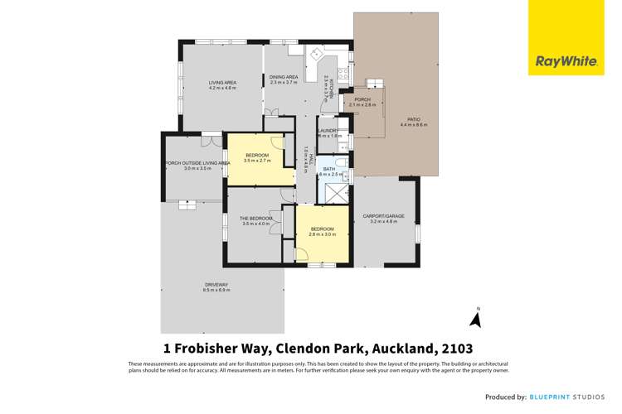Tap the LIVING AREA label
pyautogui.click(x=222, y=82)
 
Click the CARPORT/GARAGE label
pyautogui.click(x=383, y=216)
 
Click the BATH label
pyautogui.click(x=329, y=169)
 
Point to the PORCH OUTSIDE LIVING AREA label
pyautogui.click(x=197, y=163)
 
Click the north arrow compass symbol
pyautogui.click(x=476, y=318)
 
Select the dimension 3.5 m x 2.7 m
pyautogui.click(x=256, y=160)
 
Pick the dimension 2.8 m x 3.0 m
pyautogui.click(x=322, y=234)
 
